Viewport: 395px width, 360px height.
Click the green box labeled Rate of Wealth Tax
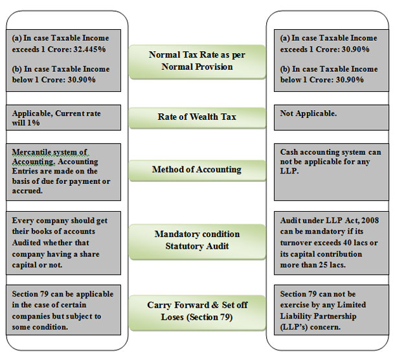pyautogui.click(x=198, y=118)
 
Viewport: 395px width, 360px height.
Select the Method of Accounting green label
pyautogui.click(x=198, y=170)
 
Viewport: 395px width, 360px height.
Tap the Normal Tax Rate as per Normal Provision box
pyautogui.click(x=198, y=62)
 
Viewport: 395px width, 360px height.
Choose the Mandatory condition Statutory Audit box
pyautogui.click(x=198, y=242)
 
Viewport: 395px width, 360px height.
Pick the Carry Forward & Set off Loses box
pyautogui.click(x=198, y=313)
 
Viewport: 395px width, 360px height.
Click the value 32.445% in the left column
pyautogui.click(x=89, y=49)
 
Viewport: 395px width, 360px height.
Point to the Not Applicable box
pyautogui.click(x=332, y=117)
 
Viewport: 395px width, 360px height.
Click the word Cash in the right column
pyautogui.click(x=289, y=152)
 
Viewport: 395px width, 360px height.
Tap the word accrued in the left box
pyautogui.click(x=27, y=191)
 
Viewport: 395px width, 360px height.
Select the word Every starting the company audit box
pyautogui.click(x=21, y=221)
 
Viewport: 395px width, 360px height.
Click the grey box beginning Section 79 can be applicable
pyautogui.click(x=63, y=310)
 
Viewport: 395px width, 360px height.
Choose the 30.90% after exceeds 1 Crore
pyautogui.click(x=356, y=49)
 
